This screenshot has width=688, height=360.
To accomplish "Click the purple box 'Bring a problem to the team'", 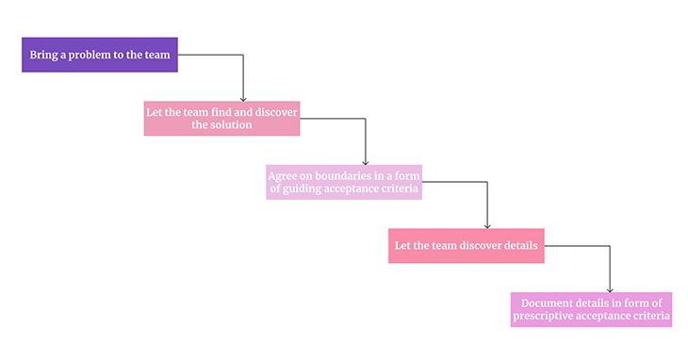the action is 99,55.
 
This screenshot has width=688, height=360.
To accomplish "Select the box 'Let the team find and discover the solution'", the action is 221,118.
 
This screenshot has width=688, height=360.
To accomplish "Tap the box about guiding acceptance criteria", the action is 343,181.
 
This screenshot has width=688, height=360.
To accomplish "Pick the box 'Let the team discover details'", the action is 466,245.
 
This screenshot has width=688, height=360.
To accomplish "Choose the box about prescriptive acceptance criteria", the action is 591,309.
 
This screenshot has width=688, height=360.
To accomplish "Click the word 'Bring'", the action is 41,55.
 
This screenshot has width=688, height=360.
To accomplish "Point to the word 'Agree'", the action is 284,174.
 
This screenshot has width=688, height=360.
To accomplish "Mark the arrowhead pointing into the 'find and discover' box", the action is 243,97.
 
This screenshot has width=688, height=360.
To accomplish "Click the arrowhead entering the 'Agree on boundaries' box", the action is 366,161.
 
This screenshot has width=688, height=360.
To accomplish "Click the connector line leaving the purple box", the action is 212,55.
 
